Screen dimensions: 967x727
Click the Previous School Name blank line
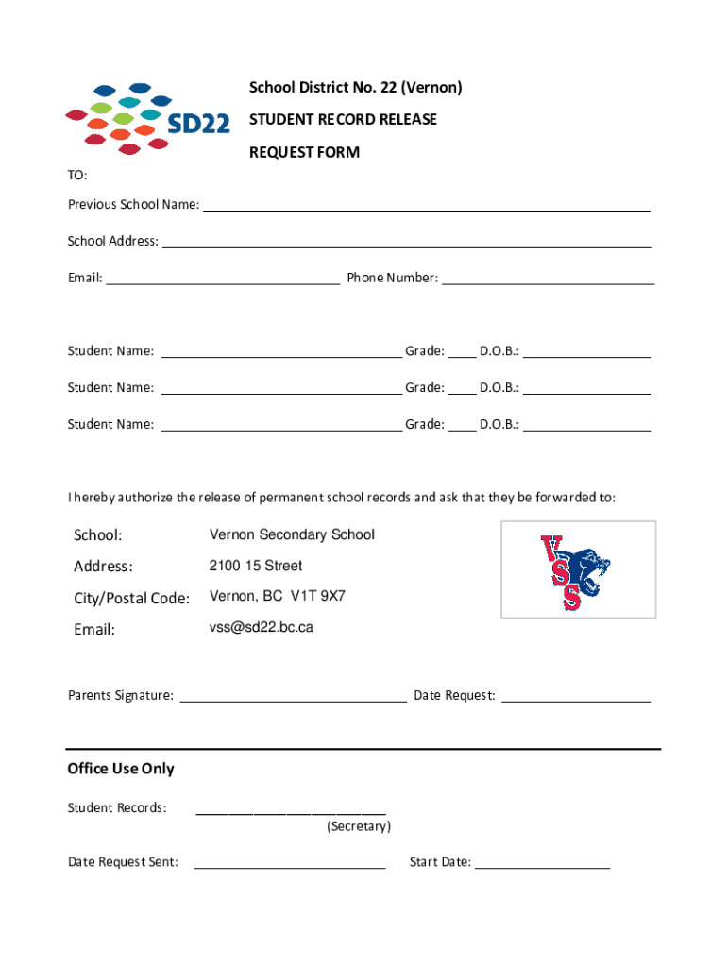[x=426, y=207]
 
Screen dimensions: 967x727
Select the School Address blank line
[x=407, y=244]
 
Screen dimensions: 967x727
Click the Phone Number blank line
[x=548, y=280]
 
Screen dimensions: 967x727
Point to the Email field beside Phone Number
[x=222, y=280]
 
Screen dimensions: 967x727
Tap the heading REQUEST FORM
[x=304, y=152]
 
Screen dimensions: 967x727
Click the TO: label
[x=77, y=176]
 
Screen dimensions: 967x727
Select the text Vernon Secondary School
[x=292, y=534]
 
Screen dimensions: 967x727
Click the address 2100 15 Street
[x=256, y=566]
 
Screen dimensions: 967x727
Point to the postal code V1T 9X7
[x=317, y=596]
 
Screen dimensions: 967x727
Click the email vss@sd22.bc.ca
[x=262, y=627]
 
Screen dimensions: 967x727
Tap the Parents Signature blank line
[x=293, y=699]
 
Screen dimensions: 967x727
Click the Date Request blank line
[x=575, y=699]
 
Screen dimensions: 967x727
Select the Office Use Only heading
[x=121, y=769]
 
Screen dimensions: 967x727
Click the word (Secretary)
[x=359, y=826]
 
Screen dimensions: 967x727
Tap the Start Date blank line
[x=542, y=865]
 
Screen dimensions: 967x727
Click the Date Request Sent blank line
[x=289, y=865]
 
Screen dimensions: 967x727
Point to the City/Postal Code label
[x=132, y=598]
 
